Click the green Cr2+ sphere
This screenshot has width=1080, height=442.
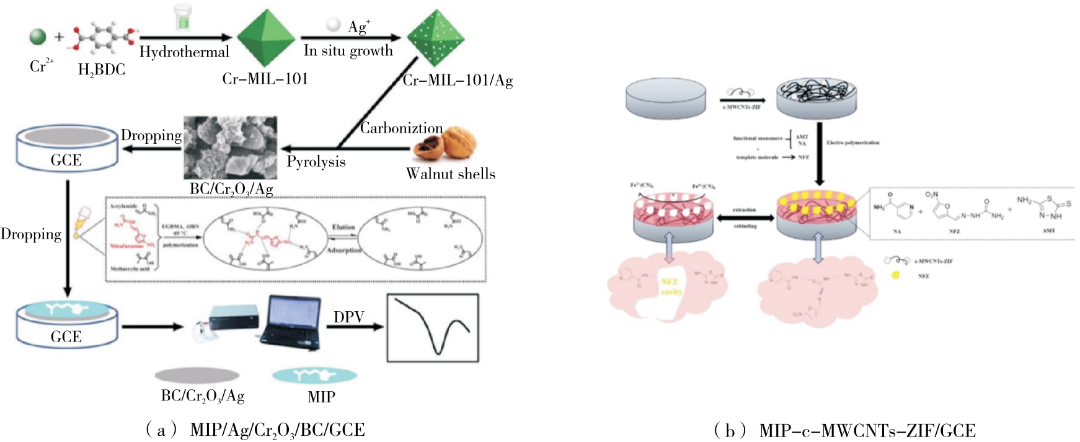click(38, 36)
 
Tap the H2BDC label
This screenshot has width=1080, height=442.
click(102, 69)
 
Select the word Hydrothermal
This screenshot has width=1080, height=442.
click(184, 52)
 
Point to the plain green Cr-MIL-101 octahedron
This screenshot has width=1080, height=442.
click(265, 38)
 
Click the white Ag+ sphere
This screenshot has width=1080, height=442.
click(334, 24)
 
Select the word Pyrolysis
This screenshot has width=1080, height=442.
click(316, 162)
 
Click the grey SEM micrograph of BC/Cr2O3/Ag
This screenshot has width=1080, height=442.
click(230, 148)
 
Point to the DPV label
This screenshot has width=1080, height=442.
click(348, 317)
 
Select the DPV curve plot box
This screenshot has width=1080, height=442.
click(433, 328)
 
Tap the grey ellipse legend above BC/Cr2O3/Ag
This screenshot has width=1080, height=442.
click(197, 375)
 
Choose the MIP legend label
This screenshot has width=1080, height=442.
click(321, 397)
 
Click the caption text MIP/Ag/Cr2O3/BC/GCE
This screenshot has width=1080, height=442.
click(277, 430)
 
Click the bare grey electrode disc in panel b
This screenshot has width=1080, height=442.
click(666, 98)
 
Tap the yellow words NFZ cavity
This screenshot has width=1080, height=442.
click(671, 286)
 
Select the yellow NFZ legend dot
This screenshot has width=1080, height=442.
click(895, 275)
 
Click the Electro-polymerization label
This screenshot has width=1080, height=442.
click(852, 143)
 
